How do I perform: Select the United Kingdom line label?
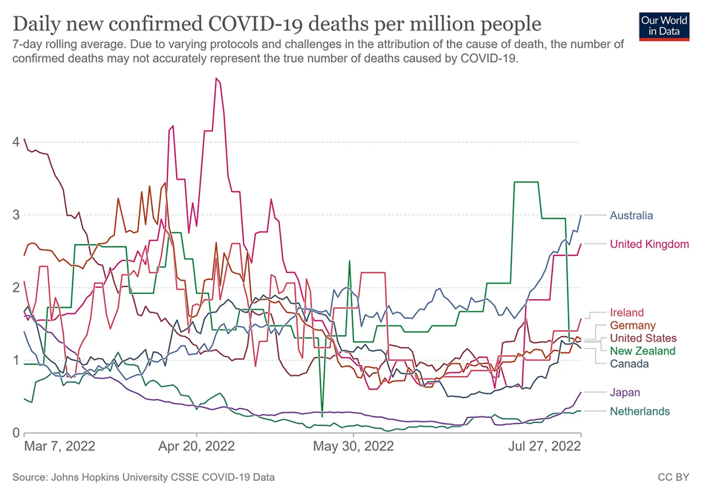point(649,244)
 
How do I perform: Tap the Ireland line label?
point(627,313)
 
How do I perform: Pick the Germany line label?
point(633,326)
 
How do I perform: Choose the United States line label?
point(643,338)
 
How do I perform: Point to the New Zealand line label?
point(643,351)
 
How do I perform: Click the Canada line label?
point(629,364)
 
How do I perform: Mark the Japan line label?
point(625,393)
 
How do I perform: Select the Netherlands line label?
point(640,412)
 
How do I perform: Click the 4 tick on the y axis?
point(15,142)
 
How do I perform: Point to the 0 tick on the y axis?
point(15,433)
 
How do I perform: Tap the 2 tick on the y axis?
point(15,287)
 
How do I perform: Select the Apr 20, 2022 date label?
point(197,447)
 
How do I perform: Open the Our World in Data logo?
point(660,25)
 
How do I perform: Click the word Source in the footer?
point(30,477)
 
